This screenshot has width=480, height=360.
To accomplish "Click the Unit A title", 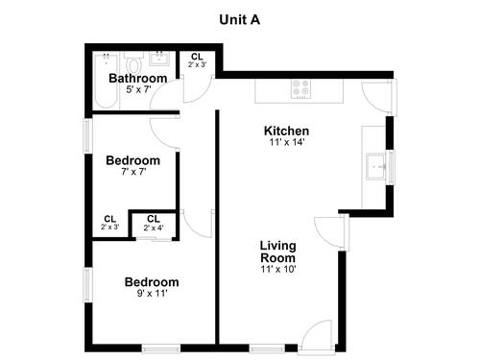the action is (240, 20).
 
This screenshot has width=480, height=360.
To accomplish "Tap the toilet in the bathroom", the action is (134, 62).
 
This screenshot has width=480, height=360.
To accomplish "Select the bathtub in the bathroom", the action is (106, 81).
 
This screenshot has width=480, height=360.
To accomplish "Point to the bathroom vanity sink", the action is (159, 59).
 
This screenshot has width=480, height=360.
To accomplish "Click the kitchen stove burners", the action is (301, 88).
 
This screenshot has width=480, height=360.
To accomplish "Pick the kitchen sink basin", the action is (375, 166).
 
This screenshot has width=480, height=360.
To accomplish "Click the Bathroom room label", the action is (138, 78).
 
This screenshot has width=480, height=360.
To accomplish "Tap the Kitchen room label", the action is (286, 131).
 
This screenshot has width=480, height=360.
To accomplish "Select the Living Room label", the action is (277, 252).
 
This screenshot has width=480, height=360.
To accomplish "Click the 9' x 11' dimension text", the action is (153, 293).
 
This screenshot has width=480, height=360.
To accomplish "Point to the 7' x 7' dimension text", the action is (133, 172).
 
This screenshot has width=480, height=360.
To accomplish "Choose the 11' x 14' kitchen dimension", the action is (286, 142).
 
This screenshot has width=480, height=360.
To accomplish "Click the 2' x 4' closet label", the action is (154, 228).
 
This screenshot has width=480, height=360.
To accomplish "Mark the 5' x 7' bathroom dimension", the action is (138, 89).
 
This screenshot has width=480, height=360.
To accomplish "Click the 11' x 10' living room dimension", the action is (277, 269).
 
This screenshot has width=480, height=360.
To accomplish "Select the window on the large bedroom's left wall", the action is (88, 285).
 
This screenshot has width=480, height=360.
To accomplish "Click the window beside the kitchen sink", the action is (390, 167).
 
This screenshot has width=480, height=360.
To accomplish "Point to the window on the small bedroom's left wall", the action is (88, 135).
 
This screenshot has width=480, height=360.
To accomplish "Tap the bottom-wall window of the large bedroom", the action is (161, 348).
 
